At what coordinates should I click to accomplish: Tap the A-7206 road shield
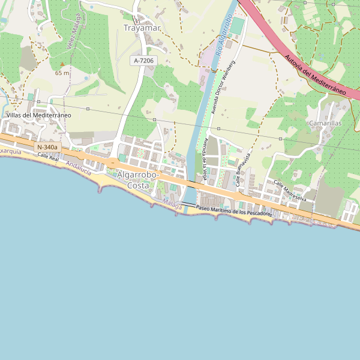coord(143,60)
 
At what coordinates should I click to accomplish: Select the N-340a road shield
coord(47,147)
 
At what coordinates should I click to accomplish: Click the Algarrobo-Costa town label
coord(138,180)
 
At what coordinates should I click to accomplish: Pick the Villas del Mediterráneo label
coord(39,115)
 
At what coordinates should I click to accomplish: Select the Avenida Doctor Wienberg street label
coord(222,87)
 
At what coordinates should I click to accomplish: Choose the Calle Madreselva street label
coord(290,191)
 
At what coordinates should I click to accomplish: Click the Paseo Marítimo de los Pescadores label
coord(234,211)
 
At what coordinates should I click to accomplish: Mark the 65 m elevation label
coord(62,73)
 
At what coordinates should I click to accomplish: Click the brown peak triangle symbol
coord(62,64)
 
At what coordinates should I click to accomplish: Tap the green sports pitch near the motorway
coord(238,25)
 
